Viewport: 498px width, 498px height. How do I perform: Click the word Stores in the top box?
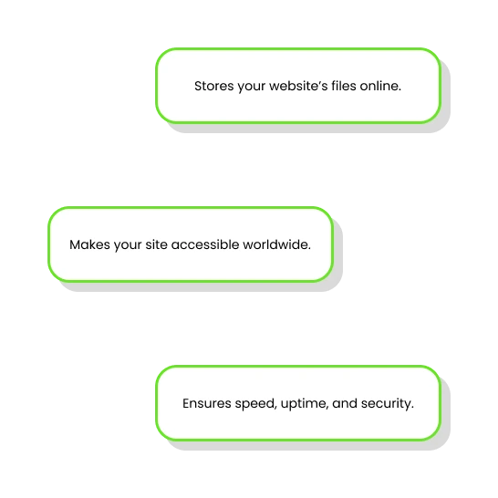point(214,86)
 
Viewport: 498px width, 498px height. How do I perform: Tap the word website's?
point(298,86)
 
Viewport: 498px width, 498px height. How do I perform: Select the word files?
point(344,86)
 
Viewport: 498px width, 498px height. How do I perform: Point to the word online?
point(379,86)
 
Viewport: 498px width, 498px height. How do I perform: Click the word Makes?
point(90,244)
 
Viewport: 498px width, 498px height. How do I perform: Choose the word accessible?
point(205,244)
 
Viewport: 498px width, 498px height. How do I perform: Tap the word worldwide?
point(275,244)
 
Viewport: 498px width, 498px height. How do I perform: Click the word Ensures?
point(207,404)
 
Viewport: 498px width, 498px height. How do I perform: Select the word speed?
point(254,404)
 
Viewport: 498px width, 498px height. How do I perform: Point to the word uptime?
point(304,404)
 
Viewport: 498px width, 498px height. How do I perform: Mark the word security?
point(386,404)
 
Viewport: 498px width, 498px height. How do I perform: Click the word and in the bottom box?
point(345,403)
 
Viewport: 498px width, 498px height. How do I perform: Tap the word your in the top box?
point(252,87)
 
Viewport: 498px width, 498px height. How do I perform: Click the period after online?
point(399,90)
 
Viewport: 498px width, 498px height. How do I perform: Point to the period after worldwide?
point(309,249)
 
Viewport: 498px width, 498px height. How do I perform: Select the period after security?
point(412,408)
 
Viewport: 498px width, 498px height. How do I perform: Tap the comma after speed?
point(276,409)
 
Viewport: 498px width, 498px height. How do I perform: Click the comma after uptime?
point(327,409)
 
